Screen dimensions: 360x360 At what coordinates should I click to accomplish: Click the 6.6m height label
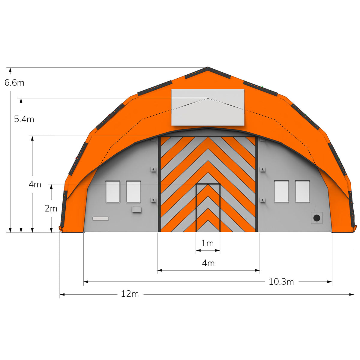[14, 82]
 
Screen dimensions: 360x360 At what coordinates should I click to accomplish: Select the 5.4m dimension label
[24, 119]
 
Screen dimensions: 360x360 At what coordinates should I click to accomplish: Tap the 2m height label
[51, 208]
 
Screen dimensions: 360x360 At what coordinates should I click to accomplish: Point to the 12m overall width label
[130, 294]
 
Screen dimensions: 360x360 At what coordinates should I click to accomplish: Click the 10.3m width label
[281, 282]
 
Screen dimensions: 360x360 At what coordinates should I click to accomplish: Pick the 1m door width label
[207, 243]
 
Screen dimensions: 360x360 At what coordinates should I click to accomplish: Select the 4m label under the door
[208, 263]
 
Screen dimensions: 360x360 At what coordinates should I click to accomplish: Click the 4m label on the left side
[35, 184]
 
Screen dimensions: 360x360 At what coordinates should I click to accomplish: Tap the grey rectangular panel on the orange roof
[208, 107]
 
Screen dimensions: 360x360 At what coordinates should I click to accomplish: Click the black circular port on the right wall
[317, 218]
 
